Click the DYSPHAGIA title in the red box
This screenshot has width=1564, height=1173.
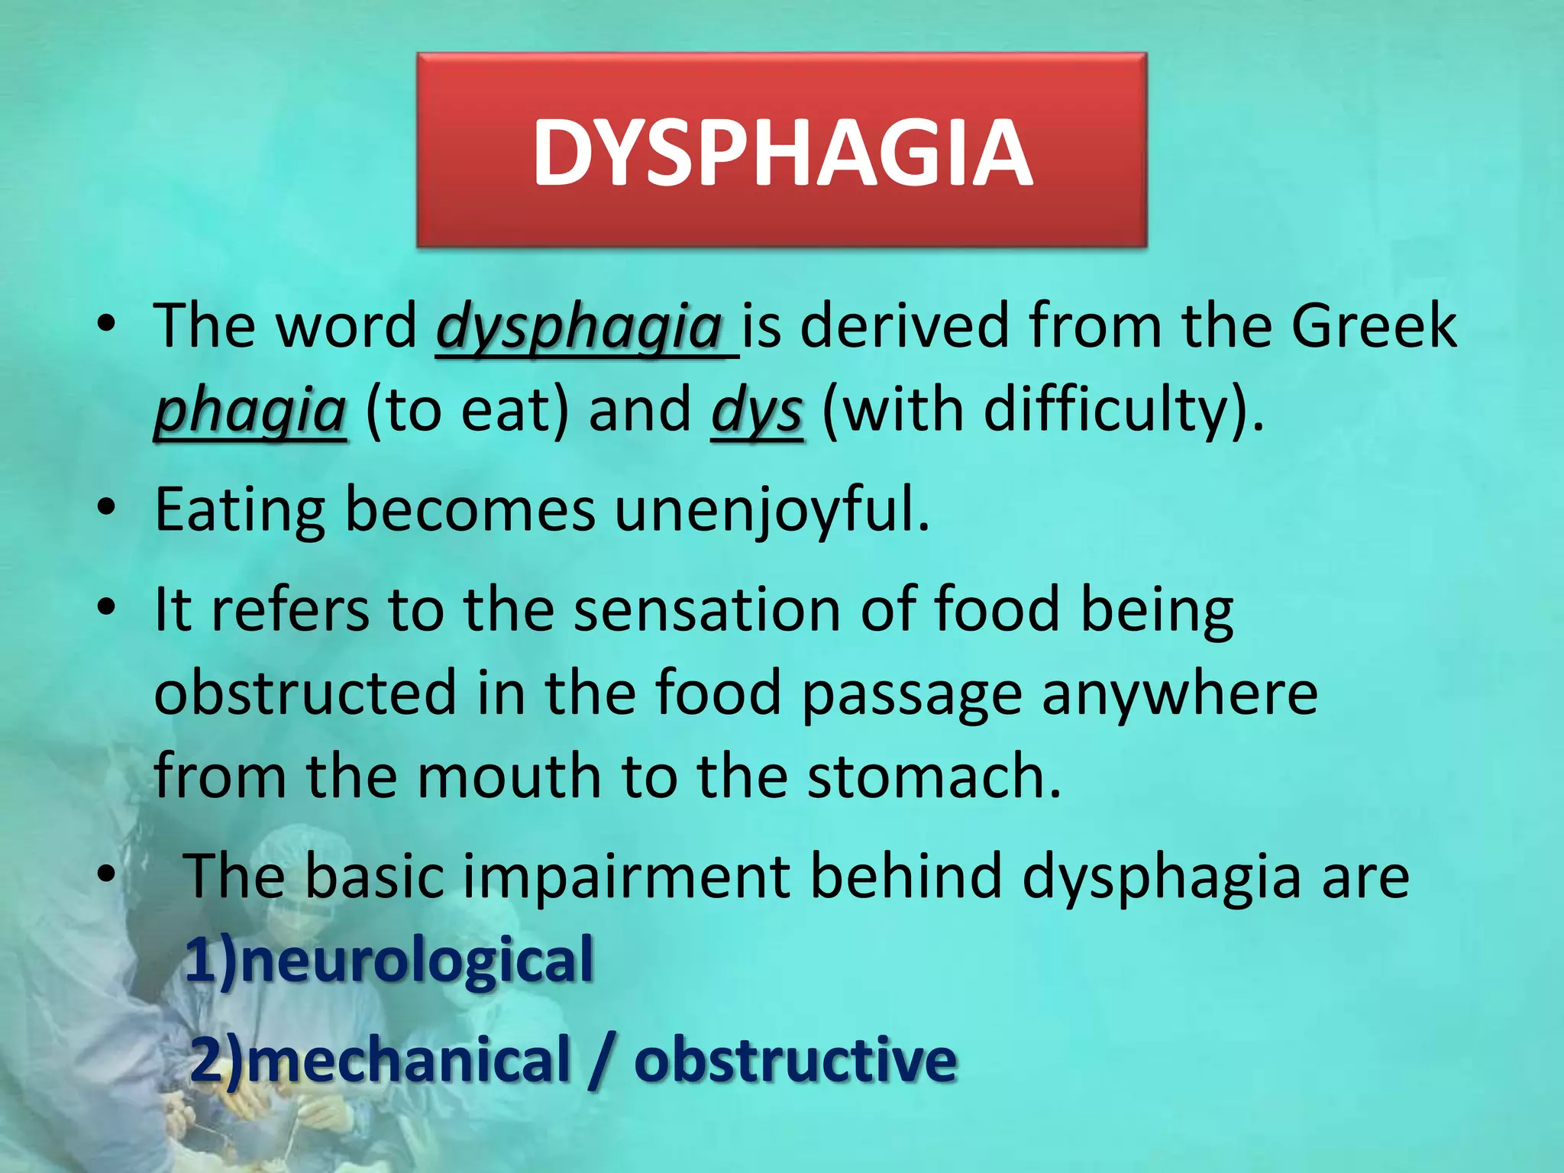782,153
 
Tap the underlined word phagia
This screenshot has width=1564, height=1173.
250,411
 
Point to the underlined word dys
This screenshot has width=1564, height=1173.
756,411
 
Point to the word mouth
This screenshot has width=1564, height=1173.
509,776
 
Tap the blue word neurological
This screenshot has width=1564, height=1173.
417,960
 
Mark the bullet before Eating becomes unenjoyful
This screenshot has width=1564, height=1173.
106,507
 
